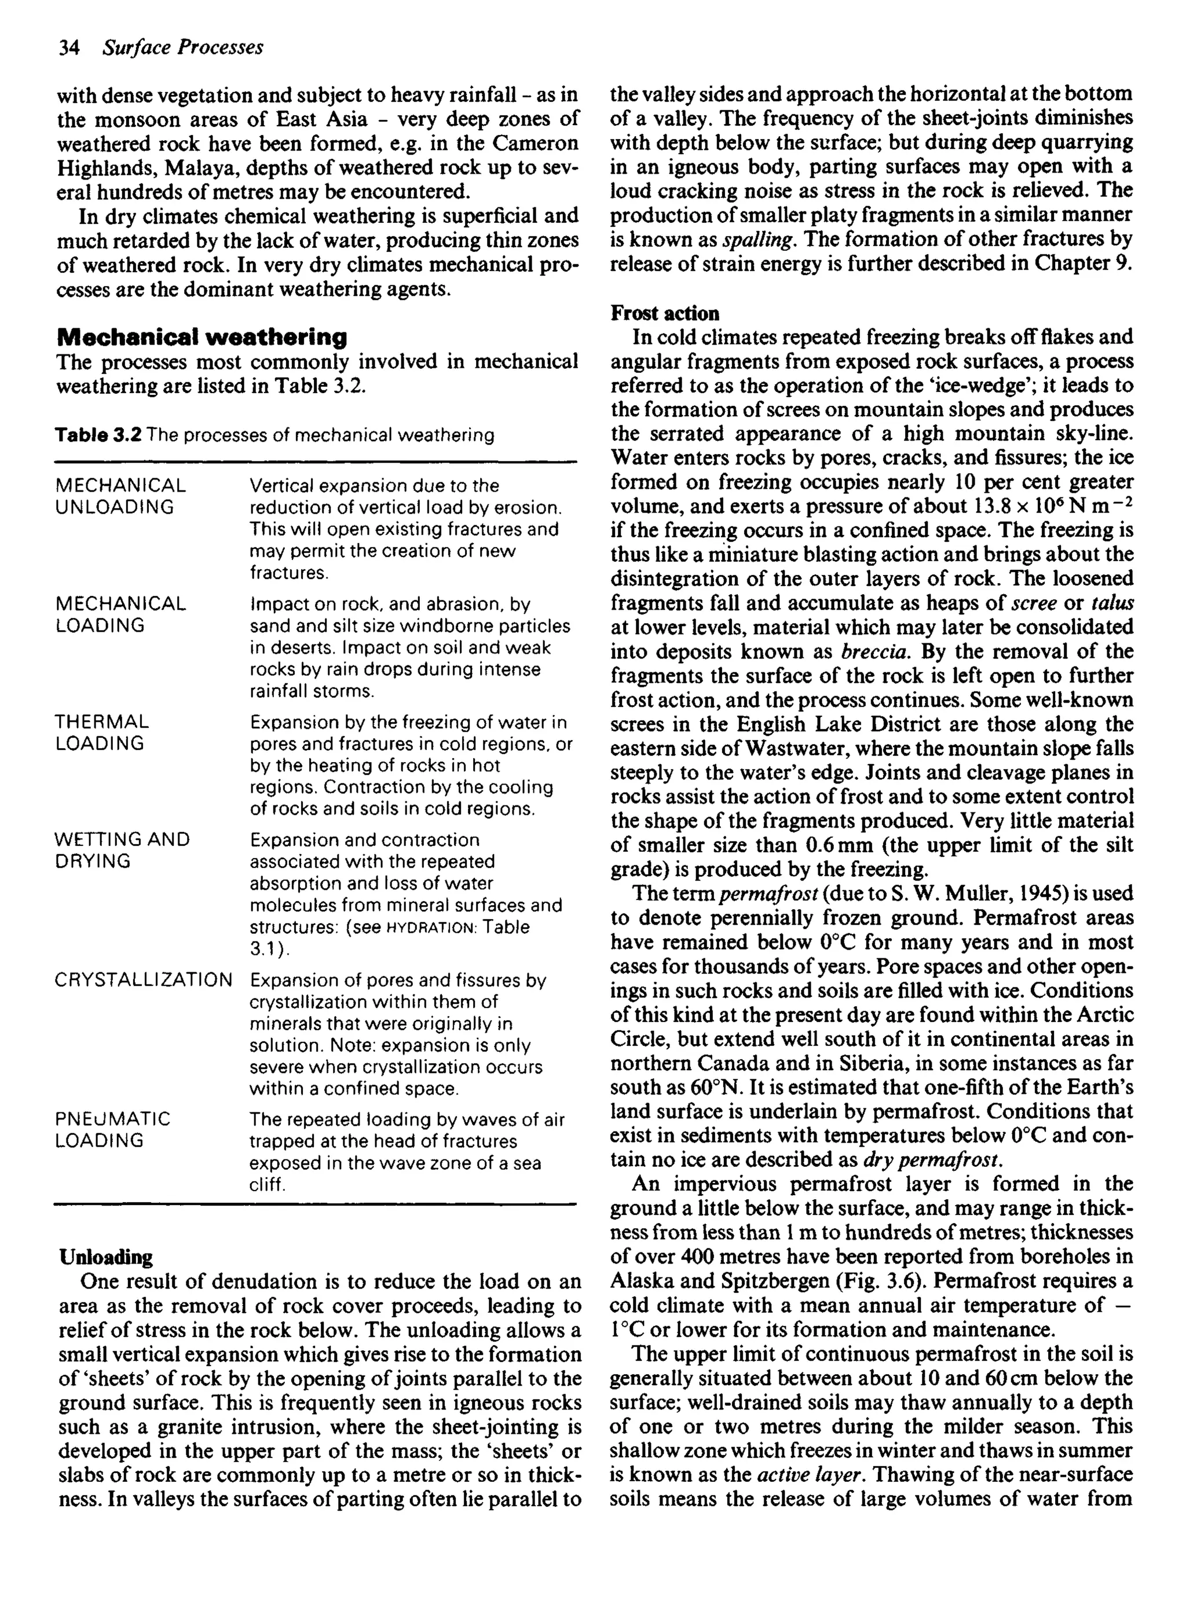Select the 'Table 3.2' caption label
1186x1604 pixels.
click(x=98, y=435)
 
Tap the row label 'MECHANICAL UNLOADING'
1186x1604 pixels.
click(x=120, y=497)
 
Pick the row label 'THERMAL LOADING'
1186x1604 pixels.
click(x=102, y=732)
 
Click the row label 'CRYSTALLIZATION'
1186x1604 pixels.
click(x=144, y=980)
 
